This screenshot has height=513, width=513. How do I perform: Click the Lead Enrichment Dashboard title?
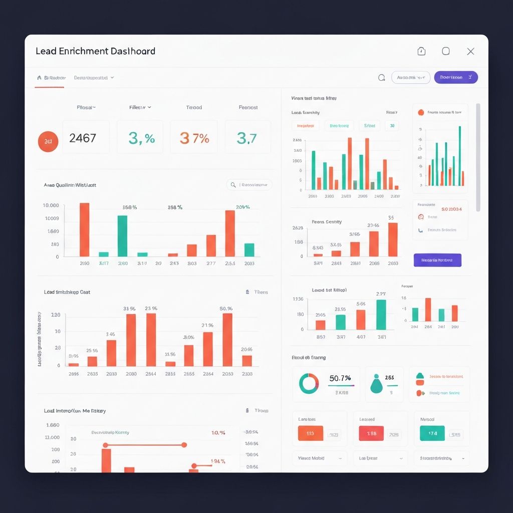95,51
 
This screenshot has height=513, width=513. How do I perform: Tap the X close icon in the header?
470,51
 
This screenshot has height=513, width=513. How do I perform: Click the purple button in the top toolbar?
456,77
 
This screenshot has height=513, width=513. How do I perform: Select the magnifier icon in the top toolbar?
381,78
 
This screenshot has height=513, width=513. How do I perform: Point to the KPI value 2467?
83,138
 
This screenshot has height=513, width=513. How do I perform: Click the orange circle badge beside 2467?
48,142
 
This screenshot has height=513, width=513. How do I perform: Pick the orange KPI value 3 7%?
194,138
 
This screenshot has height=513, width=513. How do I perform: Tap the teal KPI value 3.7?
246,138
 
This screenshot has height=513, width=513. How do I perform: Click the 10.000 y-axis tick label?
51,205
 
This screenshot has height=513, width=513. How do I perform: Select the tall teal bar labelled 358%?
122,235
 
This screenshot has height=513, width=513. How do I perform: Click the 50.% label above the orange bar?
226,309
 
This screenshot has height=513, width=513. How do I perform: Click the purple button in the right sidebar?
437,260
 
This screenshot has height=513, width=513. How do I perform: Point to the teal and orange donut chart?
309,383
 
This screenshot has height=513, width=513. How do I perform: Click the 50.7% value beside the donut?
340,378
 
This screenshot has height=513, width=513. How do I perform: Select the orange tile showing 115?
310,433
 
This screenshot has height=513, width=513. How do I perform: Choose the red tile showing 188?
371,433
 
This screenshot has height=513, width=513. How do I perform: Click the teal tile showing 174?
432,433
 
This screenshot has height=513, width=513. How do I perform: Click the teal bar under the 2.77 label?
381,314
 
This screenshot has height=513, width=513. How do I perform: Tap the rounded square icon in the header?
445,51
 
